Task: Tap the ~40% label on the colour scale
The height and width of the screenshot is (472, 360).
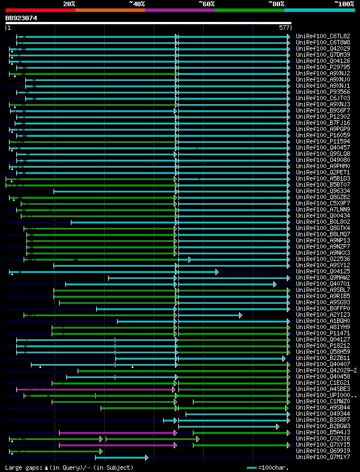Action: tap(137, 4)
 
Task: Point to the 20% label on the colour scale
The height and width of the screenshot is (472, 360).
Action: tap(69, 4)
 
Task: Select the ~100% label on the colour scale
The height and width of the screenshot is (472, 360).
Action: tap(344, 4)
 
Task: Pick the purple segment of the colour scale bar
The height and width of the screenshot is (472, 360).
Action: tap(179, 10)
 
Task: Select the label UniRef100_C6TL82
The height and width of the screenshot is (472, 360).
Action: tap(322, 37)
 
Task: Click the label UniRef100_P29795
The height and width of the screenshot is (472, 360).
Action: tap(322, 68)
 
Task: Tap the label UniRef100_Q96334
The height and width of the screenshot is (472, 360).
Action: tap(322, 191)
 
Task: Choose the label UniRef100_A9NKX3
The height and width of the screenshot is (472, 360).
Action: tap(322, 253)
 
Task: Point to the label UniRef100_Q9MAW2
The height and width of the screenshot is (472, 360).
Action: tap(322, 278)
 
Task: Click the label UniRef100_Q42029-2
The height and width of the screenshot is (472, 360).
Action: tap(325, 371)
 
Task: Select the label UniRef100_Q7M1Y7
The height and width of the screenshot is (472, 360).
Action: tap(322, 457)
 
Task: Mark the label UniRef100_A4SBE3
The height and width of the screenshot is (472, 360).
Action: tap(322, 389)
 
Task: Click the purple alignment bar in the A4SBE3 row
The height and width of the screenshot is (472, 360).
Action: tap(96, 389)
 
